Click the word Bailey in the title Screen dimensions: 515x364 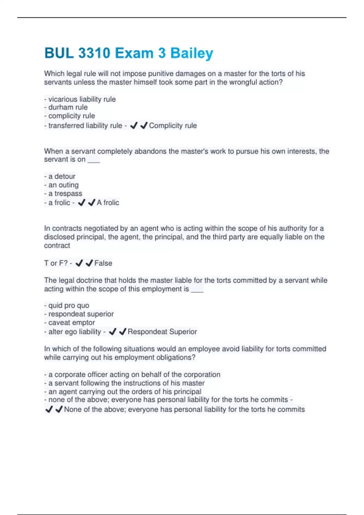192,53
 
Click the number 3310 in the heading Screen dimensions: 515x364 94,53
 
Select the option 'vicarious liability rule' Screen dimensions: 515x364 82,99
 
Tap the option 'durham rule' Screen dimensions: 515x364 68,107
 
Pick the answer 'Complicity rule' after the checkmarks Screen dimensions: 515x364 173,125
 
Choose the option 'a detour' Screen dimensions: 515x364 62,176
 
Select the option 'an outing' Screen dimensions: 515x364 63,185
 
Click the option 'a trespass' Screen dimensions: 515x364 65,193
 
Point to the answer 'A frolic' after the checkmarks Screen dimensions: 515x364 108,202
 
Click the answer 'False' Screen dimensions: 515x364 103,263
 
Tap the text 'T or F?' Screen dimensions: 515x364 56,263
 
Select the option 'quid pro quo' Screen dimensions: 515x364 69,305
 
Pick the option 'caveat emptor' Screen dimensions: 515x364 72,323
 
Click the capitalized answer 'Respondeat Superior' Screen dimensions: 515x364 162,332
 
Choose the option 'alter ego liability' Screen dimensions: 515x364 75,332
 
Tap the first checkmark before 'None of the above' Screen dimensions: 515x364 49,410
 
